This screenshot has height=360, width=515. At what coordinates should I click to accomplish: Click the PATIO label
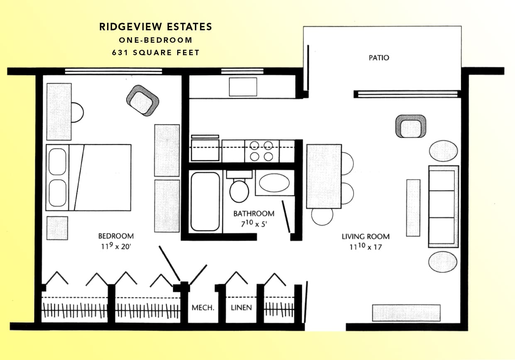click(x=379, y=58)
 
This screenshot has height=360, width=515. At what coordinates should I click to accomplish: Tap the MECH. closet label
click(x=203, y=308)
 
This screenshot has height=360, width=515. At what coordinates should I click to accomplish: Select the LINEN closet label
click(x=241, y=308)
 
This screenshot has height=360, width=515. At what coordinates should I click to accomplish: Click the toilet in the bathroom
click(x=239, y=188)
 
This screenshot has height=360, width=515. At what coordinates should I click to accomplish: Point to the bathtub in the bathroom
click(x=205, y=201)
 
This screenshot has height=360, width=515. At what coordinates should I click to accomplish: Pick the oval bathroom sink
click(x=274, y=182)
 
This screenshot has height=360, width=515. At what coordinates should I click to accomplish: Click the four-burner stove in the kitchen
click(x=261, y=151)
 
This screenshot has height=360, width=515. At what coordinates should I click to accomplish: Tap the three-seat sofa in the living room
click(x=443, y=207)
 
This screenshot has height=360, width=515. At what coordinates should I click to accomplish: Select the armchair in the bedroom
click(x=142, y=100)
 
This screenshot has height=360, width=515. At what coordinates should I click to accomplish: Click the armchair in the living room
click(x=410, y=126)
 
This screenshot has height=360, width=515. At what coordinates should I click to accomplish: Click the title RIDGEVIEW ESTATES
click(x=156, y=27)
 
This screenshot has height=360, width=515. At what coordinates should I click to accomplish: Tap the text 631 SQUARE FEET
click(x=156, y=53)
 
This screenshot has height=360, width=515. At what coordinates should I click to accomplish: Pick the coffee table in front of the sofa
click(x=413, y=207)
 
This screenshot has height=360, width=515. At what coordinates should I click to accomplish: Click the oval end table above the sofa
click(x=443, y=151)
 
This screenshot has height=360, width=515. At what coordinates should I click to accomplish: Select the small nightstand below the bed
click(x=57, y=228)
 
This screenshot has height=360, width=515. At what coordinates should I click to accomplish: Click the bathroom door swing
click(x=286, y=217)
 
